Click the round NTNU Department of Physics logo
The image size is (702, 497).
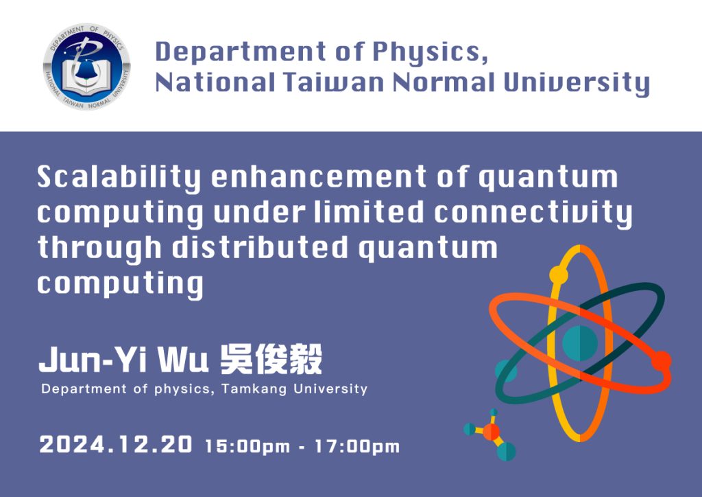point(87,67)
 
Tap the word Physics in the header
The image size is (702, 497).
point(430,53)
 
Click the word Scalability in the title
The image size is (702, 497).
point(118,178)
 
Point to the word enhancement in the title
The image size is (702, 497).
point(319,176)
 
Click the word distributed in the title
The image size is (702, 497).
point(260,247)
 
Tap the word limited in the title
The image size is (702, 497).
point(368,212)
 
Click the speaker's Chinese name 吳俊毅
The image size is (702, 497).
point(271,360)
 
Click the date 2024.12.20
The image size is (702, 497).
point(115,445)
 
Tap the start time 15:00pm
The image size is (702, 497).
point(247,446)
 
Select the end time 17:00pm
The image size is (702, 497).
point(356,446)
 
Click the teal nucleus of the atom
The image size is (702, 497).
point(580,343)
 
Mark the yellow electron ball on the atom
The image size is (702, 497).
point(558,275)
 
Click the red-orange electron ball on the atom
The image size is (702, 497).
point(662,361)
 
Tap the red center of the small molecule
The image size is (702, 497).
point(491,432)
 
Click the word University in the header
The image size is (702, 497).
point(576,84)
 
